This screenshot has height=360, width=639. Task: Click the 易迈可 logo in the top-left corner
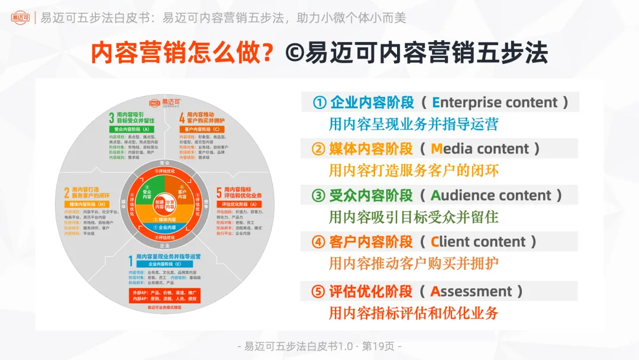(x=21, y=17)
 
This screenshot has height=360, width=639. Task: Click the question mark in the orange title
(x=267, y=53)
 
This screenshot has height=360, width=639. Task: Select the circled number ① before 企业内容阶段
(x=320, y=102)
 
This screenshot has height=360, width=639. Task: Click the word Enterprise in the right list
(x=466, y=102)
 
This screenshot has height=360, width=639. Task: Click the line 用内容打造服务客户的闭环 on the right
(x=414, y=171)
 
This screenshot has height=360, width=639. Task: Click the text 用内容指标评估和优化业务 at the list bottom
(x=414, y=313)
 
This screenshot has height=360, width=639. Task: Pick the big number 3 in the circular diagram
(x=111, y=117)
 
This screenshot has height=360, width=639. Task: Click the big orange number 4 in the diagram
(x=182, y=117)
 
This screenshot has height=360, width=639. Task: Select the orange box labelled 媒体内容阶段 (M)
(x=82, y=204)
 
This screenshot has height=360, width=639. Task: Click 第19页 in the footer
(x=379, y=346)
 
